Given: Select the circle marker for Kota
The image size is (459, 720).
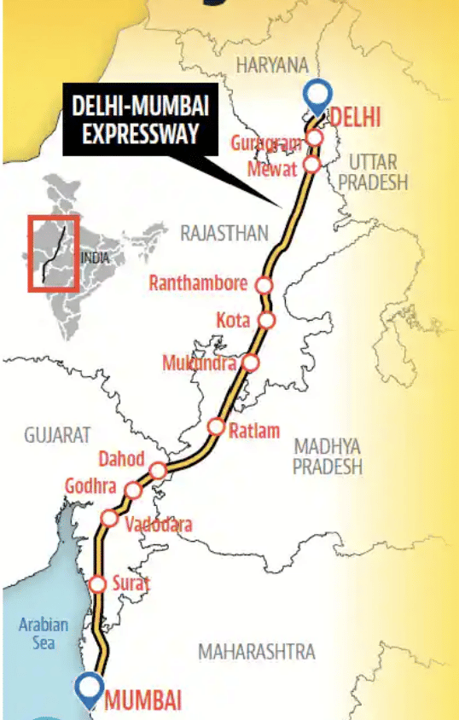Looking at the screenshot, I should click(x=267, y=321).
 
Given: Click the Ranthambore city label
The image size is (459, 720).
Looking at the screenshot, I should click(x=198, y=283).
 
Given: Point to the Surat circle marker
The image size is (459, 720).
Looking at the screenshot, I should click(x=98, y=584).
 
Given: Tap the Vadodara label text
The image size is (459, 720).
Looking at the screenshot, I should click(x=158, y=525).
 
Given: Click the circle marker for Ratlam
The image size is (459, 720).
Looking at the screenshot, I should click(x=217, y=427).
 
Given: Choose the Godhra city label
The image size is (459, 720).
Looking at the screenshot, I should click(x=91, y=485).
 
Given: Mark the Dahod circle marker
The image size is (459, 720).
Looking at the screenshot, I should click(x=158, y=470).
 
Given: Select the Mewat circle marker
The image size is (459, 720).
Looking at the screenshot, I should click(x=312, y=164).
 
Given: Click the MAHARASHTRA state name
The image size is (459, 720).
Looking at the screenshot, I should click(x=256, y=652).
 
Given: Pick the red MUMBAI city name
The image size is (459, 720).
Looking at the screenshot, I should click(x=142, y=701).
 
